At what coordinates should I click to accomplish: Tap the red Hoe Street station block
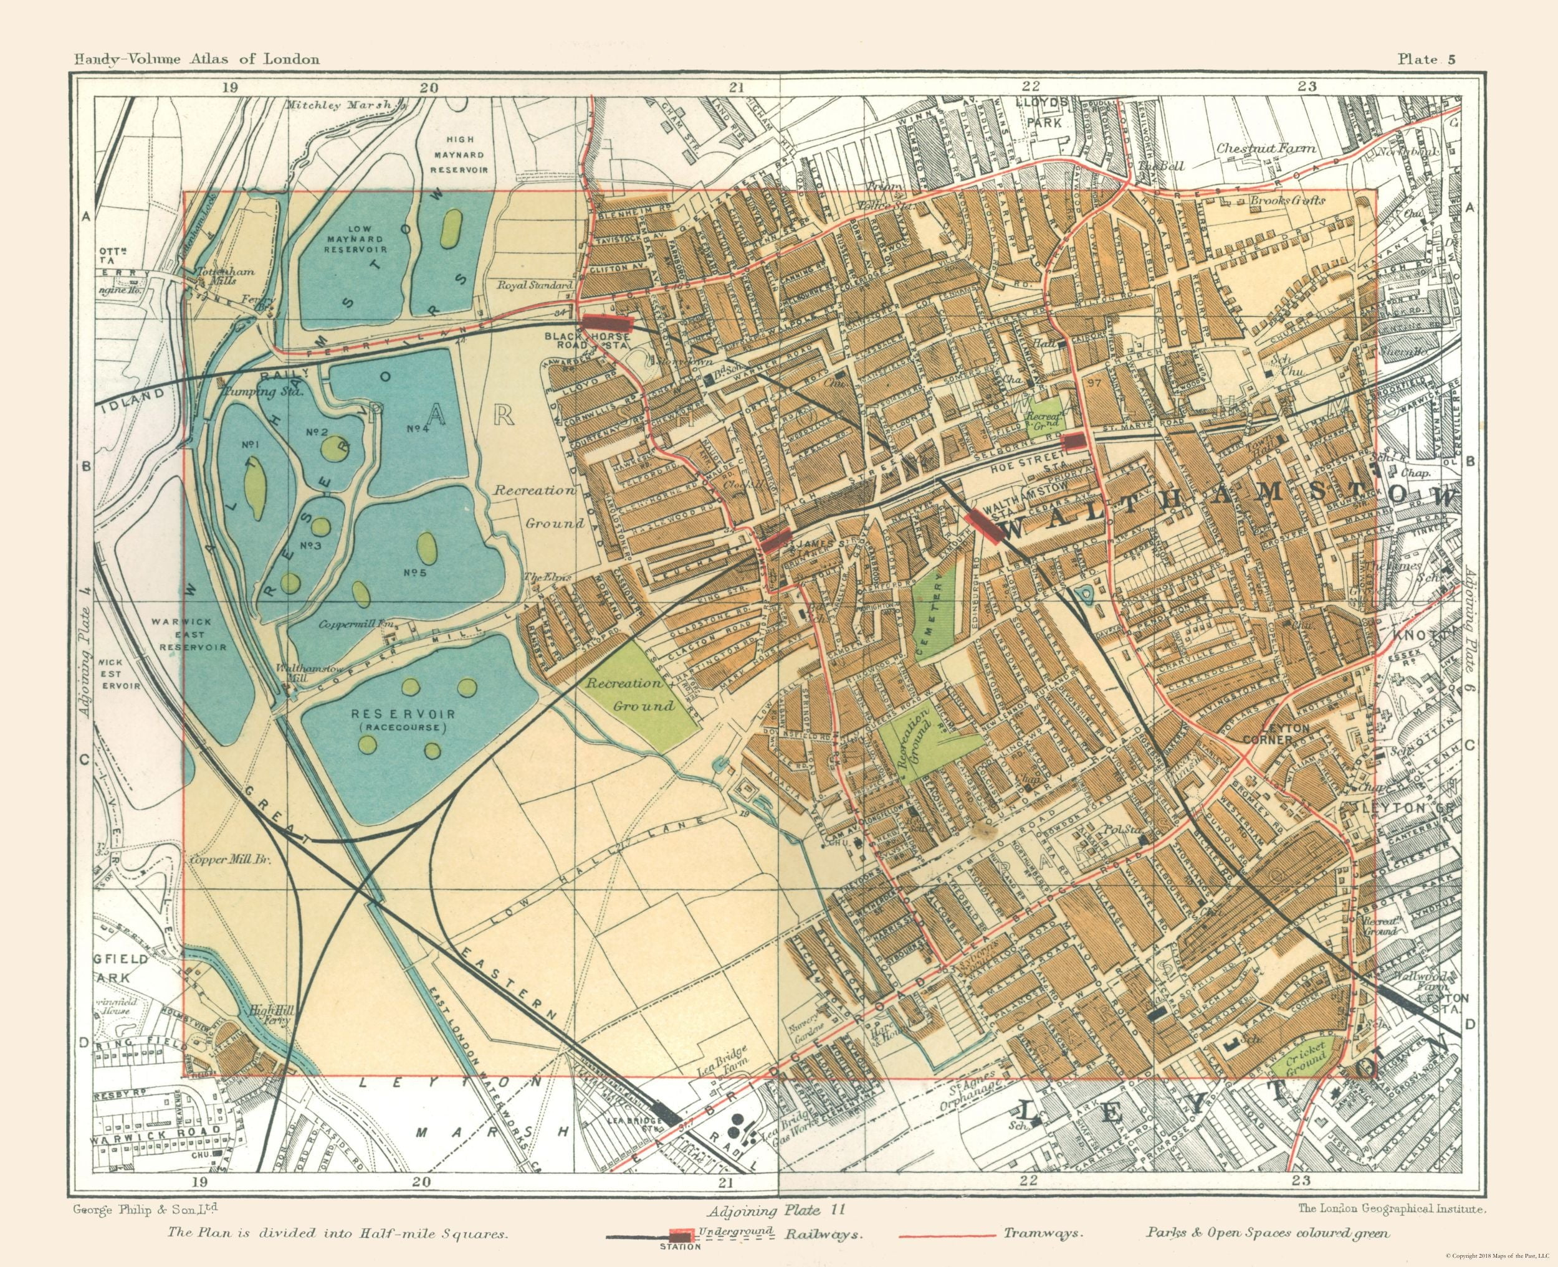1073,441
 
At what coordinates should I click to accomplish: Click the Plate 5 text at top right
1426,60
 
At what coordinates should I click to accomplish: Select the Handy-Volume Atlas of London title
196,59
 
